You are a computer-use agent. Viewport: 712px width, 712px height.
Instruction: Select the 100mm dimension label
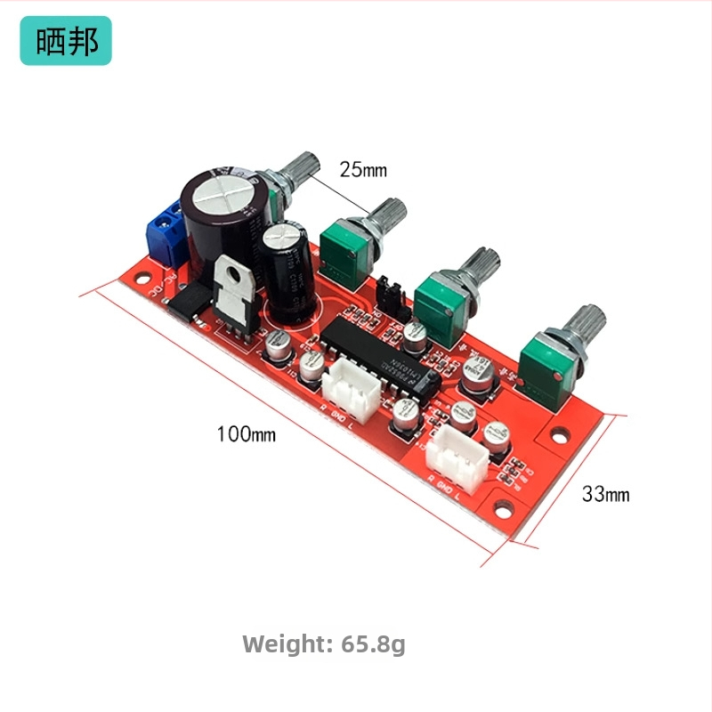coord(247,434)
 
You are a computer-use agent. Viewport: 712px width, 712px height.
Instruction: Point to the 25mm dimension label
coord(363,168)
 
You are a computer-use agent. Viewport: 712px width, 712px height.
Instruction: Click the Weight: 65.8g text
coord(324,643)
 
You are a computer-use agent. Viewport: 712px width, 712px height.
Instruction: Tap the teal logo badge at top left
coord(66,41)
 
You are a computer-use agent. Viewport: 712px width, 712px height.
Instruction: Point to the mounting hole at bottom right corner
coord(507,510)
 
